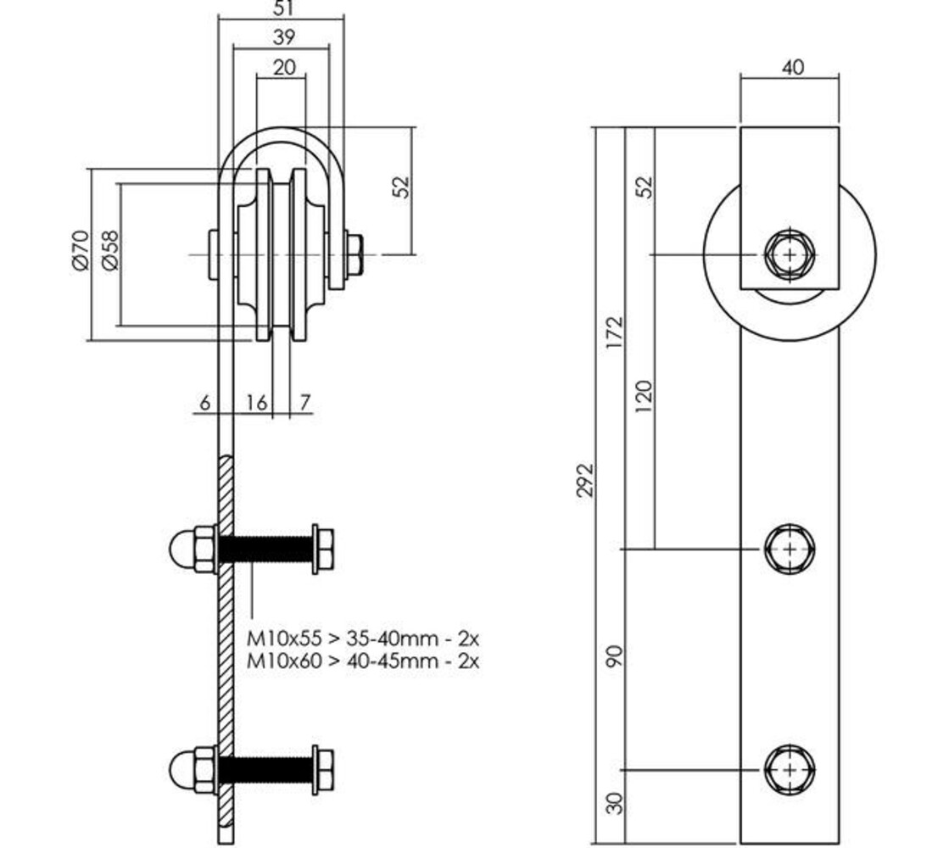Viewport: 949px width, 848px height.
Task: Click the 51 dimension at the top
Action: point(284,8)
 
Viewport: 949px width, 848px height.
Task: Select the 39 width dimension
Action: point(284,36)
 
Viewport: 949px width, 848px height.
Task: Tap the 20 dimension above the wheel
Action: point(284,66)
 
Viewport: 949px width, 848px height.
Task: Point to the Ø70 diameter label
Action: point(80,252)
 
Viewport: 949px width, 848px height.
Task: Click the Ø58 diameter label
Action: point(109,252)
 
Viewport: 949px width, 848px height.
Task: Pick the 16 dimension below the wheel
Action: point(255,403)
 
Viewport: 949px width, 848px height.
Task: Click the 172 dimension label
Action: point(617,332)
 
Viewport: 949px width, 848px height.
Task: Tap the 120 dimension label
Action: point(645,396)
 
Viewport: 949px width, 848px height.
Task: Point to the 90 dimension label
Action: point(617,655)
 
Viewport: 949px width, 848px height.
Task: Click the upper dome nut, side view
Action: point(193,550)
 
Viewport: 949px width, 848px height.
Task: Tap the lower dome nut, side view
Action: point(193,769)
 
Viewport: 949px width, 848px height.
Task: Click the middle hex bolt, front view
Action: point(790,550)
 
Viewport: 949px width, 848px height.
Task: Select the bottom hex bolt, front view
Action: point(790,769)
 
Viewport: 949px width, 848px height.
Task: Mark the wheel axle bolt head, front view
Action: point(790,254)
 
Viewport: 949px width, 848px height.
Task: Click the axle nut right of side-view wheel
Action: point(354,254)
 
